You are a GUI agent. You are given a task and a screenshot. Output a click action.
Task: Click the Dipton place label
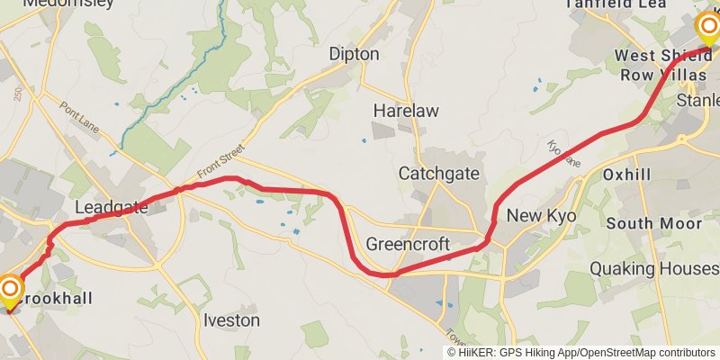[354, 54]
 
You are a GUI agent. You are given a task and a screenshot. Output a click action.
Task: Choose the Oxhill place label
[627, 174]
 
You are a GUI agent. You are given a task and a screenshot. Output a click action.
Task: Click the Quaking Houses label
[653, 268]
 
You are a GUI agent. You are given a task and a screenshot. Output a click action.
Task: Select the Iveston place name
[231, 319]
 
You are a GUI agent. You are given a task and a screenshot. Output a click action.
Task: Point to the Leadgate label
[111, 208]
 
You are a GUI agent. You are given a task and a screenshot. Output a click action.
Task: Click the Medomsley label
[68, 4]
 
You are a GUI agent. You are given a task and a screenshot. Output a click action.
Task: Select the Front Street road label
[220, 166]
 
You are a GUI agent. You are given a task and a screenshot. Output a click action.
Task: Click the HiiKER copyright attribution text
[581, 353]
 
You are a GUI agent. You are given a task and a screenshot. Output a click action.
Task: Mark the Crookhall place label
[54, 297]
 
